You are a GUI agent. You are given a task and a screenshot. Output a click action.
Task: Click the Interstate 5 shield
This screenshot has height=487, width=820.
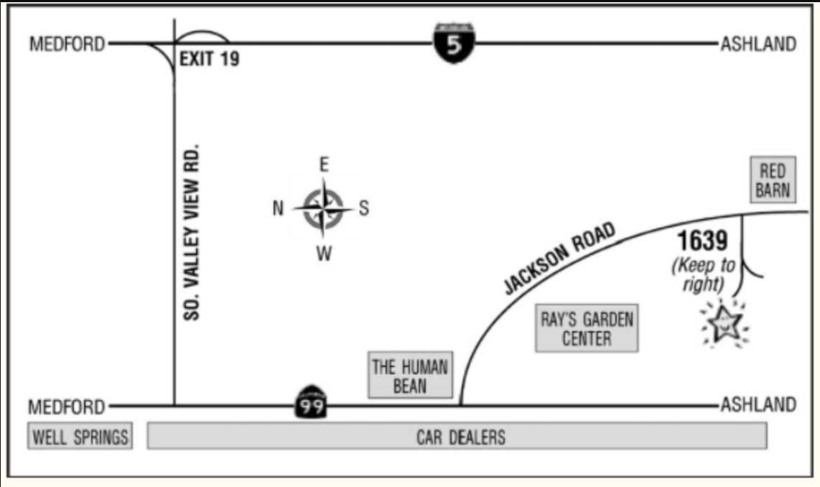(455, 43)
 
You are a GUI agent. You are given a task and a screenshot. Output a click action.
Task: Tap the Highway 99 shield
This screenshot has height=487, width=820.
(310, 404)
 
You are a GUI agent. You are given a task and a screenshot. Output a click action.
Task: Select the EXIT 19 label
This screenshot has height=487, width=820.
(209, 59)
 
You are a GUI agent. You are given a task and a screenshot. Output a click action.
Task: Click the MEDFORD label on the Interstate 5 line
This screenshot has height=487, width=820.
(67, 44)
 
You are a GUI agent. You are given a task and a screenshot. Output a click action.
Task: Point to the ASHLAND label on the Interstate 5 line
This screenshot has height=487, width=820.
(758, 44)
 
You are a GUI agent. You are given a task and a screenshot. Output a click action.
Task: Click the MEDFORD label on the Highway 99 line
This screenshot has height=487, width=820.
(67, 407)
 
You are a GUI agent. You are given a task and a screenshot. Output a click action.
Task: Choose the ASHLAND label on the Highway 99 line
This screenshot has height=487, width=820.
(758, 405)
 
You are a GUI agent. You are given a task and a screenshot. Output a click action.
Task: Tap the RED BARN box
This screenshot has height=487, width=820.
(773, 180)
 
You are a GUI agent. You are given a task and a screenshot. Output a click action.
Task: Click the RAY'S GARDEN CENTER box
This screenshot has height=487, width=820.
(587, 328)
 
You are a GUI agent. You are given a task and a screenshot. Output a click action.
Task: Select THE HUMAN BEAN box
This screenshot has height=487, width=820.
(410, 376)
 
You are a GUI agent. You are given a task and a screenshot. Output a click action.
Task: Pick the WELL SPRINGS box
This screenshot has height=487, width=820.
(80, 437)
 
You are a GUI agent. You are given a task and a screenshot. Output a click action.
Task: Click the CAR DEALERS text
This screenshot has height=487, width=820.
(461, 437)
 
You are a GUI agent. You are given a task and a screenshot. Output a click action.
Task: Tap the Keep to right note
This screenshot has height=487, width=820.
(704, 275)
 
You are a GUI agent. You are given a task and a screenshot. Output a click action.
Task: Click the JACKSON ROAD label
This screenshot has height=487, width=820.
(559, 259)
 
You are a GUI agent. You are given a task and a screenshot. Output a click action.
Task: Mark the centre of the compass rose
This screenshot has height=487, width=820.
(323, 209)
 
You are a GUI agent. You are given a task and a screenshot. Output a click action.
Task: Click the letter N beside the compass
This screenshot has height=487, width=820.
(278, 209)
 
